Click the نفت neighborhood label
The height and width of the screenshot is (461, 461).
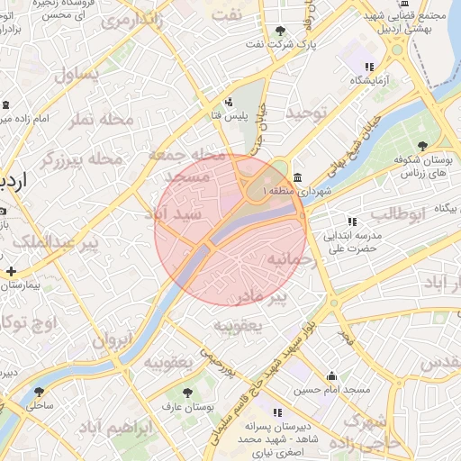pyautogui.click(x=233, y=15)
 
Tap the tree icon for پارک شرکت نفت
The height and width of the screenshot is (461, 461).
pyautogui.click(x=280, y=31)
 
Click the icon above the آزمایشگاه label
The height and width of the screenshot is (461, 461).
pyautogui.click(x=368, y=68)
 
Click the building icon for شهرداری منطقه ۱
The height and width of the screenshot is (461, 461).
pyautogui.click(x=298, y=177)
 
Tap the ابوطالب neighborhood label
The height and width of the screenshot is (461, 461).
pyautogui.click(x=396, y=214)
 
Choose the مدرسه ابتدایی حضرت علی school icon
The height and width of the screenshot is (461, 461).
pyautogui.click(x=351, y=221)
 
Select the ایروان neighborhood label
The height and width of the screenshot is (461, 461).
pyautogui.click(x=111, y=341)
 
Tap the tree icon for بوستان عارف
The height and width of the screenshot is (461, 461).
pyautogui.click(x=186, y=393)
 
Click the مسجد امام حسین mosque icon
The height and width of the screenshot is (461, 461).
pyautogui.click(x=332, y=376)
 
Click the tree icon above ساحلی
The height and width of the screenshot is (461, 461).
pyautogui.click(x=39, y=391)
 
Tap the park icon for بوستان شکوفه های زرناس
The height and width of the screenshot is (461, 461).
pyautogui.click(x=422, y=145)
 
